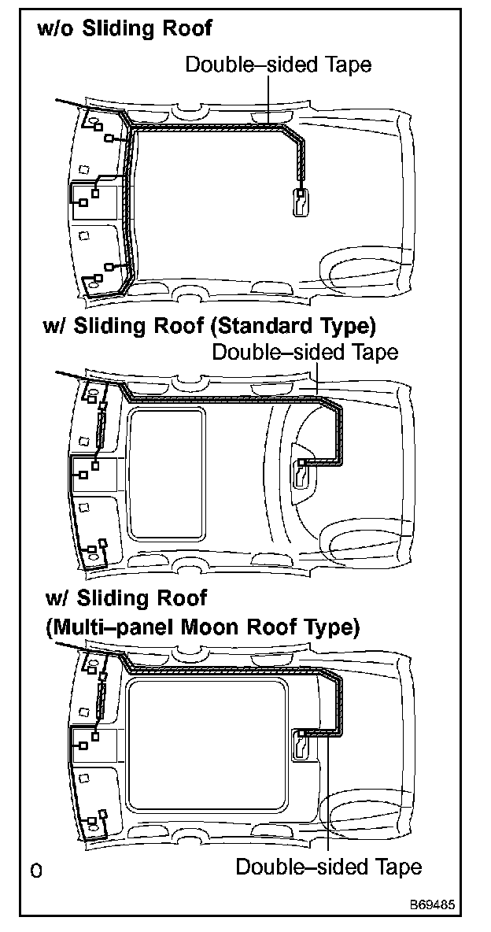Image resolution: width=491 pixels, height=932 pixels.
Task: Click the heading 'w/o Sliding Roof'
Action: [x=124, y=29]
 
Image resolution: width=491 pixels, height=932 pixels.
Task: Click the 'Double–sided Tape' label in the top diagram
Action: [x=278, y=65]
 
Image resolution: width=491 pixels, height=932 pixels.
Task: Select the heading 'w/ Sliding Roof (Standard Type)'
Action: [x=209, y=326]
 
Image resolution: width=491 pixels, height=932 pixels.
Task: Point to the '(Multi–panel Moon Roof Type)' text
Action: [x=202, y=627]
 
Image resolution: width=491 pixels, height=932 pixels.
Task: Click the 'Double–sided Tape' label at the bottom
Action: [x=328, y=867]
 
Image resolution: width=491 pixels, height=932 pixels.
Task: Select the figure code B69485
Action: [x=430, y=906]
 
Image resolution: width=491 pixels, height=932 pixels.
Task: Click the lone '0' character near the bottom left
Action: [x=35, y=871]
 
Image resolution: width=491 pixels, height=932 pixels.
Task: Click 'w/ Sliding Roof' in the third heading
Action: [x=127, y=599]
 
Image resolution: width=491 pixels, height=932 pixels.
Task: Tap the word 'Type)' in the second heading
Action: [x=349, y=326]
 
